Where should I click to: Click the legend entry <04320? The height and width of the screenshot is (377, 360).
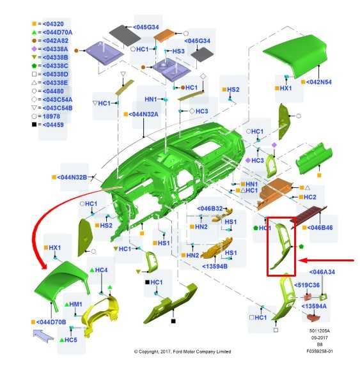pos(53,24)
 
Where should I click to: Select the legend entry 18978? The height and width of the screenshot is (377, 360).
pos(51,116)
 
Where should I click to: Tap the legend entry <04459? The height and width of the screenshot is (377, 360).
pos(53,125)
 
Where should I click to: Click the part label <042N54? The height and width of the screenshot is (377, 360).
pos(319,82)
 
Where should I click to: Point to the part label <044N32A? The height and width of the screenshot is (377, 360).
pos(143,114)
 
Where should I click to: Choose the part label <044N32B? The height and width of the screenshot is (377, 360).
pos(72,178)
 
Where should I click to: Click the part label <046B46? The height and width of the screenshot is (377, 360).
pos(320,227)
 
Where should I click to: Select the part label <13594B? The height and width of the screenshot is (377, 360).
pos(215,266)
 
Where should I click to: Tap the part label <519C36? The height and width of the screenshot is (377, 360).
pos(307,285)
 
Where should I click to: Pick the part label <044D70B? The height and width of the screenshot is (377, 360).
pos(51,322)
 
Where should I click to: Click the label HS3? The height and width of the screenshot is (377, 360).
pos(178,51)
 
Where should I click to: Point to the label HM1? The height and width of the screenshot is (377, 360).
pos(75,304)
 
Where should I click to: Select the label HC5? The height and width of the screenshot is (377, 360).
pos(71,340)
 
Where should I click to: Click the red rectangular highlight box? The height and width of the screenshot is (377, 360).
pos(267,247)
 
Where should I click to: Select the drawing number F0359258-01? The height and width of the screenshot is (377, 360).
pos(320,351)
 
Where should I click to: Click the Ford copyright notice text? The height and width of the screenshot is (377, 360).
pos(182,351)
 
